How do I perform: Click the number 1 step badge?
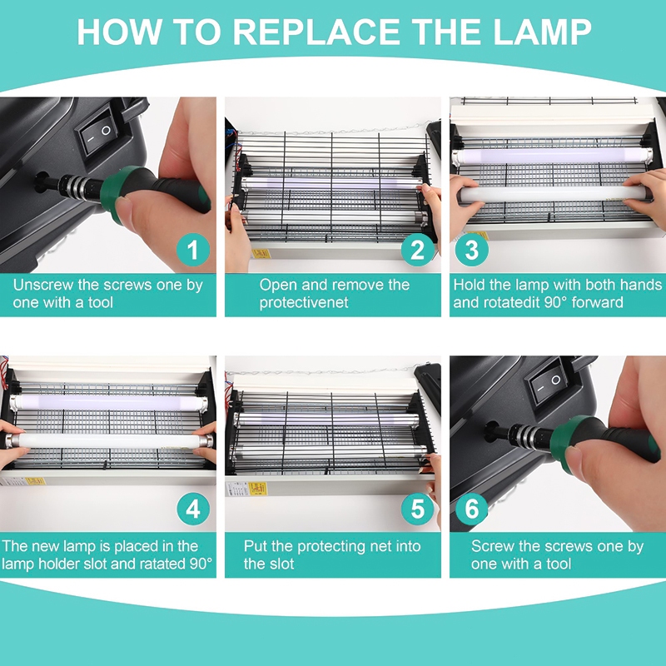point(193,249)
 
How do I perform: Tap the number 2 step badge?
point(418,249)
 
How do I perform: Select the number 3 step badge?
point(472,249)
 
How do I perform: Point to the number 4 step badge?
point(193,509)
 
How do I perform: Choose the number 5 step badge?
point(418,509)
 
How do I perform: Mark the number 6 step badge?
point(472,509)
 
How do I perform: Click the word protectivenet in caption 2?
point(304,302)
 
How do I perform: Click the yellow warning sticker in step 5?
point(258,489)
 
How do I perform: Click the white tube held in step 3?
point(553,194)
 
